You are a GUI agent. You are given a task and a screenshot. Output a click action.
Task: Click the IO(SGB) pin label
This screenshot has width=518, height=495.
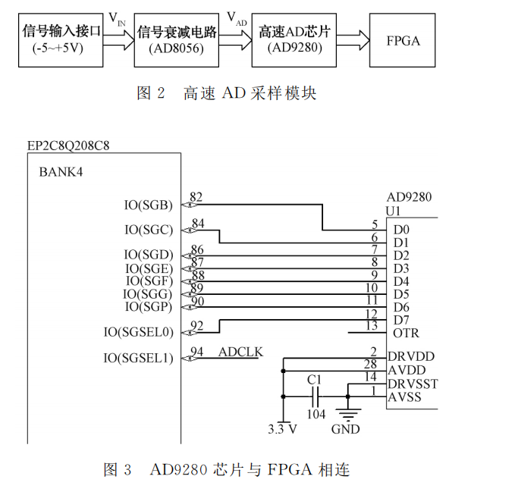tap(149, 205)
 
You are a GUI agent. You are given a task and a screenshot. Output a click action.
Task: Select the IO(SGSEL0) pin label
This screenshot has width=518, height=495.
tap(139, 332)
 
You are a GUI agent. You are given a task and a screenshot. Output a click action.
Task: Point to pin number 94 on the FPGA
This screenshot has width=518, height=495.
tap(197, 352)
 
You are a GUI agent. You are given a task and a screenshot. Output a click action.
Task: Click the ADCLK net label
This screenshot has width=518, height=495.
tap(240, 352)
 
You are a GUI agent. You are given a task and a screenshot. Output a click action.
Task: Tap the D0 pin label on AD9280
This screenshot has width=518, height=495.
tap(401, 229)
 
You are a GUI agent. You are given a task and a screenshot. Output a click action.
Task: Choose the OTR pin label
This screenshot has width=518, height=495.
tap(406, 333)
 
